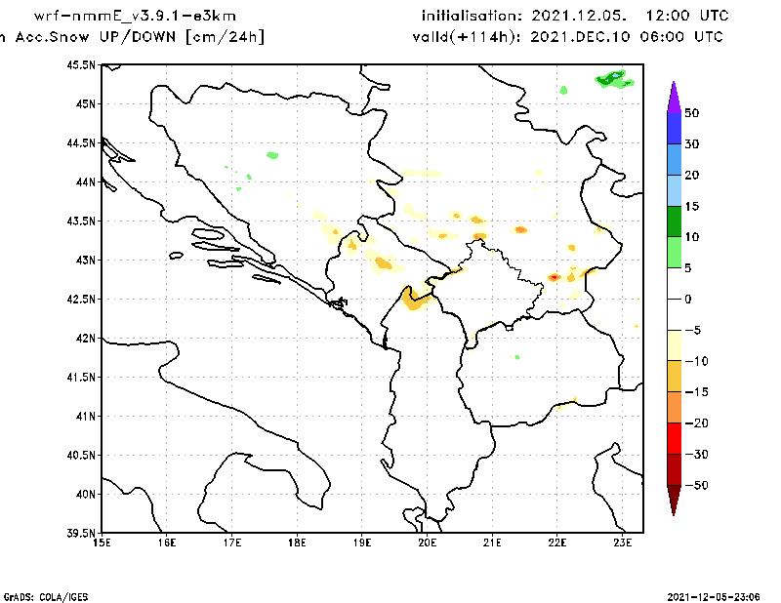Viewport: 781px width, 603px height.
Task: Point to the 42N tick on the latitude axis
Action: [x=84, y=339]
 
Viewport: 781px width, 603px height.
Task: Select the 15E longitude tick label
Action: [x=101, y=543]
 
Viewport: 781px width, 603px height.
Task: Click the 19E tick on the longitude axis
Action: [x=362, y=543]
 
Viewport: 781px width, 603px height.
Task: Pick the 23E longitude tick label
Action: [x=623, y=543]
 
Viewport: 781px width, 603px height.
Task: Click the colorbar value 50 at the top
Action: [x=691, y=113]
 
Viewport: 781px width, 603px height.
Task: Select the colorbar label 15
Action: [x=691, y=206]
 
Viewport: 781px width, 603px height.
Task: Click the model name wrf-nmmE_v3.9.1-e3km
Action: [x=135, y=17]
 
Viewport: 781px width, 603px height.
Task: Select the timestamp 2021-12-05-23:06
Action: [x=717, y=595]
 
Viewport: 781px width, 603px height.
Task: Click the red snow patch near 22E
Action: [x=554, y=277]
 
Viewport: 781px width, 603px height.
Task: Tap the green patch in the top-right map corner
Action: [x=613, y=78]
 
